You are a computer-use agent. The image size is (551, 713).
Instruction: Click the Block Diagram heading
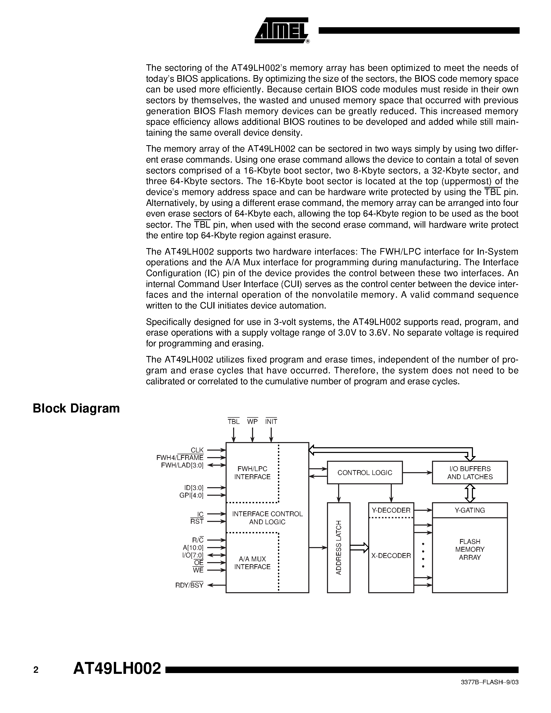pos(76,408)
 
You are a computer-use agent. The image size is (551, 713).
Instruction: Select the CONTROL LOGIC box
pos(365,473)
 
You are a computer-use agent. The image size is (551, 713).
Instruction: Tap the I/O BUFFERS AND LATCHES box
pos(469,473)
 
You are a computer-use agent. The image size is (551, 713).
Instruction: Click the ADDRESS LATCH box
pos(338,548)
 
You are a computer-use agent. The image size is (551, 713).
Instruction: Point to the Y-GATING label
pos(469,510)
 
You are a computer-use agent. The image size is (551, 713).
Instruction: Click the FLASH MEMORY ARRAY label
pos(469,549)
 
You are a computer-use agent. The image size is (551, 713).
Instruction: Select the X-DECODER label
pos(391,556)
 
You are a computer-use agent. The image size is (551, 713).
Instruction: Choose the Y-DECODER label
pos(391,510)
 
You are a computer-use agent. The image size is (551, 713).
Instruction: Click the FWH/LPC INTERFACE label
pos(252,473)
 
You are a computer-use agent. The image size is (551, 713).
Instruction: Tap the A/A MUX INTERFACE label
pos(252,563)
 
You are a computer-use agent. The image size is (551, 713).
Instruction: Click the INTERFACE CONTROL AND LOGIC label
pos(267,518)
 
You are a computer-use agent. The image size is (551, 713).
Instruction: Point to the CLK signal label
pos(197,450)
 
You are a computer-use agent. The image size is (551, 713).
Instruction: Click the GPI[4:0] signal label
pos(191,495)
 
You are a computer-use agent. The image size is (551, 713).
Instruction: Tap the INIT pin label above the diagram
pos(271,422)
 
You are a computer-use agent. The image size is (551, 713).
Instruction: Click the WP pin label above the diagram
pos(252,422)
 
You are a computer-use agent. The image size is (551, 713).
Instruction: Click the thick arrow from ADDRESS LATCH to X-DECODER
pos(359,548)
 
